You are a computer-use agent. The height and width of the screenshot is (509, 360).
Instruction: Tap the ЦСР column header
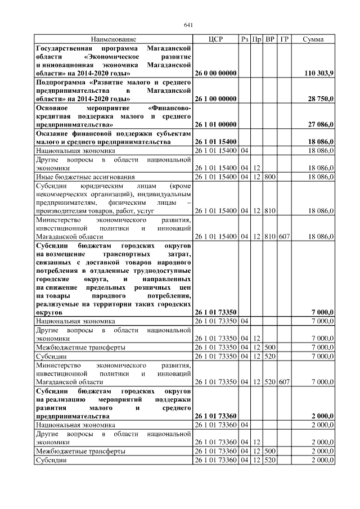click(215, 39)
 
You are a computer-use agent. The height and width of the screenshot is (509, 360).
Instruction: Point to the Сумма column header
click(313, 39)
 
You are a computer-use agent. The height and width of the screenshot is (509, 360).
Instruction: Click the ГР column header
click(285, 39)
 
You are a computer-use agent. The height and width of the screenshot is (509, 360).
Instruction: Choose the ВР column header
click(271, 39)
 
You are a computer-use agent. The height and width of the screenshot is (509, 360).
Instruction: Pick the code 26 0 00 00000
click(215, 74)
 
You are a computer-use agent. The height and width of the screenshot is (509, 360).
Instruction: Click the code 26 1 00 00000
click(215, 98)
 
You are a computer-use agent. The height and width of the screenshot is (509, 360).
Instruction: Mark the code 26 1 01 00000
click(215, 124)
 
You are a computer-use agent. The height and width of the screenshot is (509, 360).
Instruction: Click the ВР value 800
click(271, 177)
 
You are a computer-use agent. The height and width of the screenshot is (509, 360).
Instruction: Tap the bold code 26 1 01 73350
click(215, 312)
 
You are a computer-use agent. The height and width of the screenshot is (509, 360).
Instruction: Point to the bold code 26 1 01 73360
click(215, 416)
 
